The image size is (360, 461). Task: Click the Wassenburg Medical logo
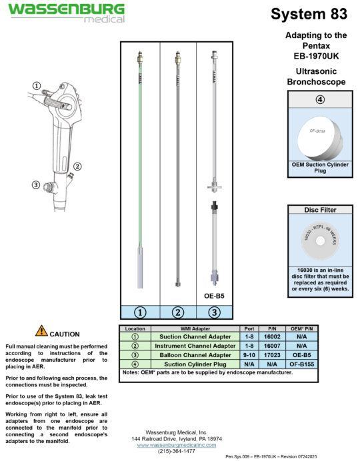65,12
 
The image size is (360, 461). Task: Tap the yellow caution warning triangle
41,330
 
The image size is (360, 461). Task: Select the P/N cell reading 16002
271,338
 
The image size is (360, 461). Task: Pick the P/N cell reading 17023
271,355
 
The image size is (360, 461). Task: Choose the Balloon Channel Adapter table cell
195,355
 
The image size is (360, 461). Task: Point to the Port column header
249,329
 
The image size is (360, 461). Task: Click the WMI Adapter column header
195,329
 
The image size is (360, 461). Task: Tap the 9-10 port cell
249,355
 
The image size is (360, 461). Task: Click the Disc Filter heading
319,210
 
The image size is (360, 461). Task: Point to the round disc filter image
319,239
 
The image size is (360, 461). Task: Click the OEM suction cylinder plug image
319,133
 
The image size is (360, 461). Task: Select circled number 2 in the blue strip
177,310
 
